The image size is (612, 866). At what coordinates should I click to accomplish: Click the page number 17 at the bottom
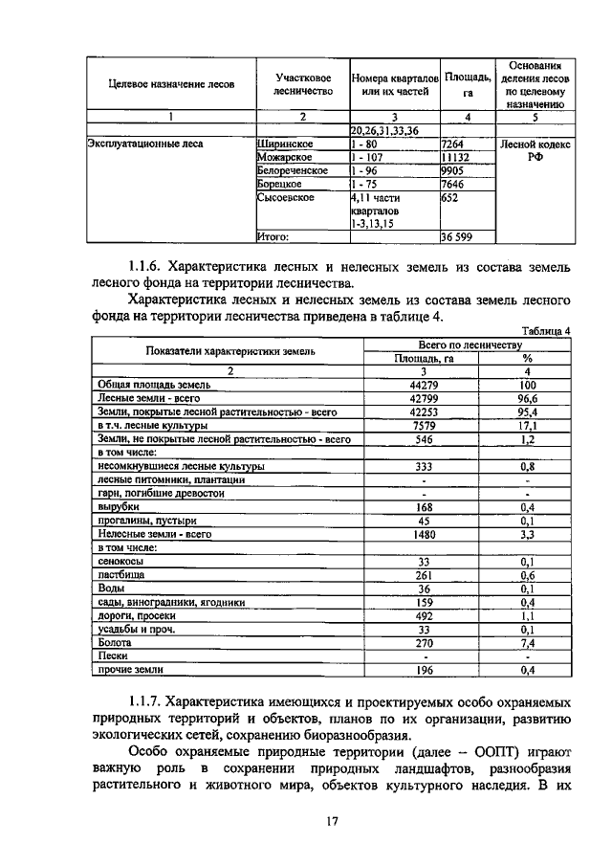[307, 820]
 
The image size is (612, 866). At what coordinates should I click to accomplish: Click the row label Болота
[116, 645]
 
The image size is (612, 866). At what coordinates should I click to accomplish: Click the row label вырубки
[118, 507]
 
